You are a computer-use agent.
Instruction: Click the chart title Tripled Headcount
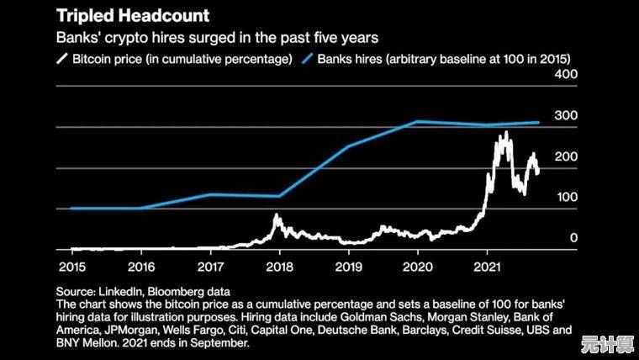[x=133, y=15]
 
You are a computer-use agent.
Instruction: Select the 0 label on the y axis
[x=573, y=238]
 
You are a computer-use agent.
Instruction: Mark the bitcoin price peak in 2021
[x=505, y=133]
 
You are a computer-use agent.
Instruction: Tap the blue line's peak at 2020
[x=418, y=122]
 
